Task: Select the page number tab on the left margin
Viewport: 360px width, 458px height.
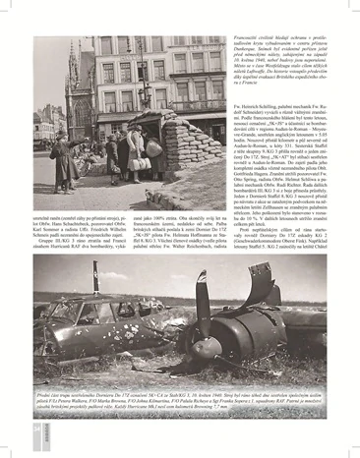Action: pos(34,427)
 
